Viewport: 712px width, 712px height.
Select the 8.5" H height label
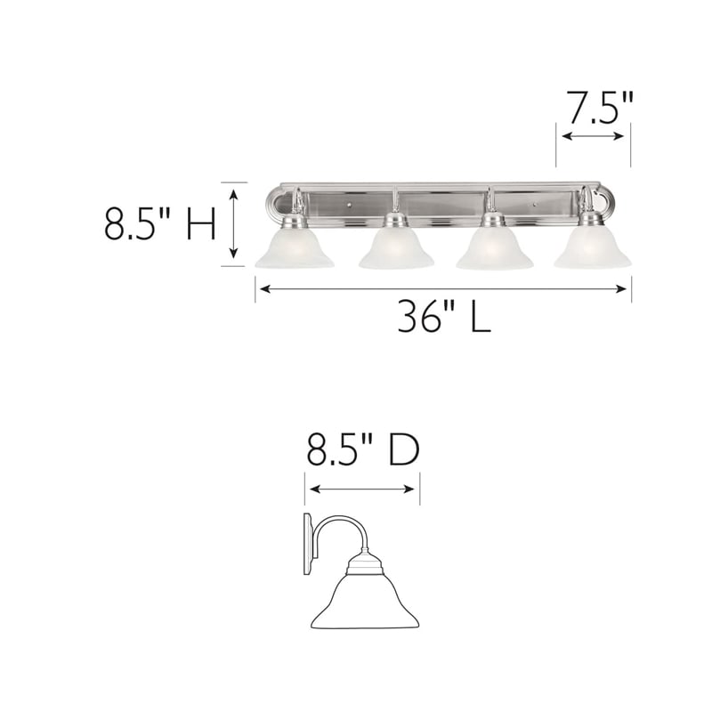160,224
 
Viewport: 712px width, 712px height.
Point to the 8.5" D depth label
362,452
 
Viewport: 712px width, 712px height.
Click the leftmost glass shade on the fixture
295,249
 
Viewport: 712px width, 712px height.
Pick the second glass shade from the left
396,249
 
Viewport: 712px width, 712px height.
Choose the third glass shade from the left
494,249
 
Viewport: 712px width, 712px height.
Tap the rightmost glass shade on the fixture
592,249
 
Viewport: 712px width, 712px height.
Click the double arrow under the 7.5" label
594,136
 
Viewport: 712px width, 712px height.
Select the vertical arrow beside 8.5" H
234,224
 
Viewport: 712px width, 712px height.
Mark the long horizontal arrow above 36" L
443,287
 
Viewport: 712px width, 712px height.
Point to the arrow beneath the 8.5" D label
361,489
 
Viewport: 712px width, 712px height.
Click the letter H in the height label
201,224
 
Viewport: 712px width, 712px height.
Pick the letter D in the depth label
403,452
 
